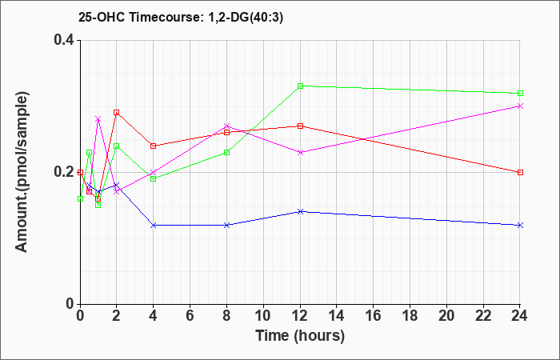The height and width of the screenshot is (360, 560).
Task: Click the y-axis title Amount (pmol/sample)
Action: coord(22,172)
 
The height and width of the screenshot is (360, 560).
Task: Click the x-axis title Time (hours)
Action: coord(300,336)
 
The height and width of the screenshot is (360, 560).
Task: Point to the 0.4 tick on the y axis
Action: coord(64,40)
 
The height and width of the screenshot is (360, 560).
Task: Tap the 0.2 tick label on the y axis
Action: coord(64,172)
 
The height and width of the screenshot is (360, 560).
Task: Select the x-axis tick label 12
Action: coord(300,316)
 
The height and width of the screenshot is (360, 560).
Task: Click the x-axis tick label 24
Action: coord(520,316)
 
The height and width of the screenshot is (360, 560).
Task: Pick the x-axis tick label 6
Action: coord(190,316)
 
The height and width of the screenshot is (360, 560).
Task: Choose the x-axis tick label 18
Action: coord(410,316)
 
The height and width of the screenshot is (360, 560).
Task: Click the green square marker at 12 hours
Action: coord(300,86)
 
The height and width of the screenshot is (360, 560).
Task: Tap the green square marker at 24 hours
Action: coord(520,94)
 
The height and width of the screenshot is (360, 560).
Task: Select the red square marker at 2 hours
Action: coord(116,113)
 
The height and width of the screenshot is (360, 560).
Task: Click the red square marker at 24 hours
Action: coord(520,172)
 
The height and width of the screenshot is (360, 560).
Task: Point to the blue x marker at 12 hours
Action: coord(300,211)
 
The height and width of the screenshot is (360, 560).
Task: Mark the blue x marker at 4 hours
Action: coord(154,225)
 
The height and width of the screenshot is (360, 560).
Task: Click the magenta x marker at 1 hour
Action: coord(98,119)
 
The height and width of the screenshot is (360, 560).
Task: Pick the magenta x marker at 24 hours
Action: coord(520,106)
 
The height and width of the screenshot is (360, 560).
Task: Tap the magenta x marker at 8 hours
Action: coord(226,126)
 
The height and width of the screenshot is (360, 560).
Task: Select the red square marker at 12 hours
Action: coord(300,126)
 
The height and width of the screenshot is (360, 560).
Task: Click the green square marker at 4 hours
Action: coord(154,178)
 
